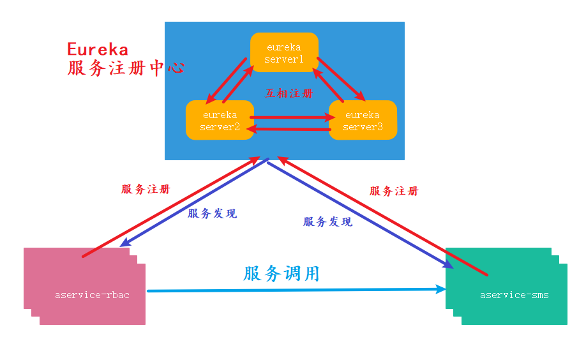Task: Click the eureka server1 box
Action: click(x=284, y=53)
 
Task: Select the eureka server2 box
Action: click(x=220, y=120)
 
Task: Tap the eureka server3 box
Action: click(x=363, y=120)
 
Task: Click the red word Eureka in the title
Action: click(x=98, y=50)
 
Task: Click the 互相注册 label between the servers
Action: click(x=290, y=93)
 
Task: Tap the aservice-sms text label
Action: click(x=514, y=295)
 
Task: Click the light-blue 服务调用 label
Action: click(x=281, y=274)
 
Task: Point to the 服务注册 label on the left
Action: click(x=146, y=190)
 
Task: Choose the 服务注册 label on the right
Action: click(x=394, y=191)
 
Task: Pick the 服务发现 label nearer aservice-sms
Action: click(x=327, y=222)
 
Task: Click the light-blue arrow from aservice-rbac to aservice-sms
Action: click(x=294, y=290)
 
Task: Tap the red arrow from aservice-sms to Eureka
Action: click(x=383, y=217)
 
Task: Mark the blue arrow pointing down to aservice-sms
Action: click(x=357, y=214)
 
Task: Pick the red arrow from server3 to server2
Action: click(x=290, y=130)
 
